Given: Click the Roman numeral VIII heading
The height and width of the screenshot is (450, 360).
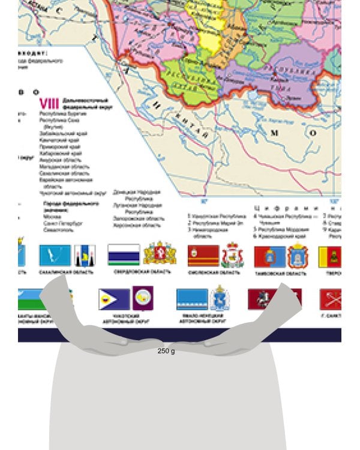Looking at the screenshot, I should (x=46, y=103).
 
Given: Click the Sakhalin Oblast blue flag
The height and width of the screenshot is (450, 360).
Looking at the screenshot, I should (x=55, y=256).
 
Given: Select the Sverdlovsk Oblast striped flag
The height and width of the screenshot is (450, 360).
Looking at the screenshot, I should (x=124, y=254).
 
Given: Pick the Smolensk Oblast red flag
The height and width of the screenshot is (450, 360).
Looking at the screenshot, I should (x=203, y=256).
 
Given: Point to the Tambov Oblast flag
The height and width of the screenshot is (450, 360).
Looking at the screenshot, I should (x=269, y=256).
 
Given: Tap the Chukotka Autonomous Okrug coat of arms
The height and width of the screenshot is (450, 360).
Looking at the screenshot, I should (x=143, y=298).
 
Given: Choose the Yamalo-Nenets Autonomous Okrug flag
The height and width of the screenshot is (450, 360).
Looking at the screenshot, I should (x=192, y=299).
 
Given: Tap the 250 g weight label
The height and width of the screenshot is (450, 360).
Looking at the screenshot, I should (x=166, y=351).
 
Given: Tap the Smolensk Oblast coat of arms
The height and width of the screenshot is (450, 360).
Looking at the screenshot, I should (x=232, y=256).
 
